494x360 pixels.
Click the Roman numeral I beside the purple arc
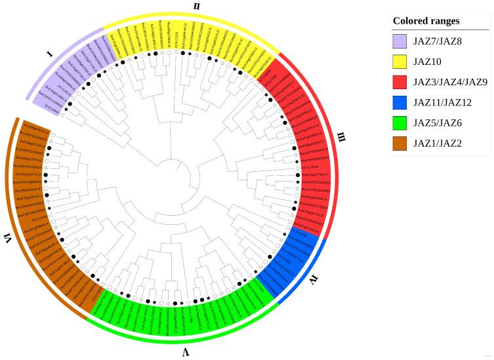pyautogui.click(x=51, y=54)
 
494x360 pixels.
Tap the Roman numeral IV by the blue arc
pyautogui.click(x=314, y=282)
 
